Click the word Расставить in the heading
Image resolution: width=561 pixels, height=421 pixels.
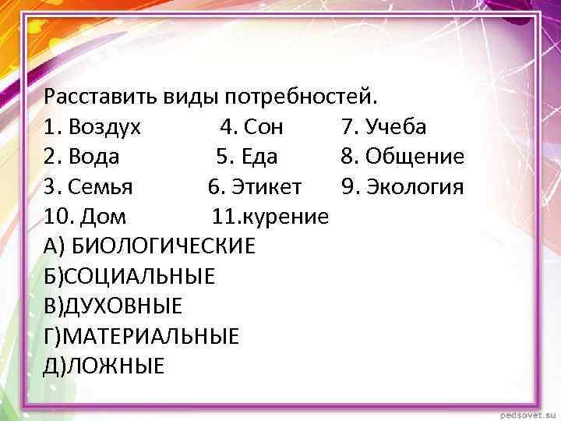pos(101,97)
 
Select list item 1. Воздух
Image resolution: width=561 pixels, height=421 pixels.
pos(93,127)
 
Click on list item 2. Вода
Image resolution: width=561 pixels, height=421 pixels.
pos(82,157)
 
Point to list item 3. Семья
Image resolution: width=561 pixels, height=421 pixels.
pos(89,187)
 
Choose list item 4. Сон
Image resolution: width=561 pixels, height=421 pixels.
pos(252,127)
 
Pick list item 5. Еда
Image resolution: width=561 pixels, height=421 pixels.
pos(247,157)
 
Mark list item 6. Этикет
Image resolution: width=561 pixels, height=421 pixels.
pos(256,187)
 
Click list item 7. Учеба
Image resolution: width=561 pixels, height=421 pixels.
pos(383,127)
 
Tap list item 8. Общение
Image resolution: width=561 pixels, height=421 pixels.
pos(403,157)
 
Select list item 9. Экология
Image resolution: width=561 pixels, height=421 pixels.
pos(402,187)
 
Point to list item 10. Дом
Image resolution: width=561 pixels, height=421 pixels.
pos(86,217)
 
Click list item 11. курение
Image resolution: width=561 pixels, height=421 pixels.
pos(270,217)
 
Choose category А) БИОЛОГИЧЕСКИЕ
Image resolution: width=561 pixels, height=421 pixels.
pos(150,246)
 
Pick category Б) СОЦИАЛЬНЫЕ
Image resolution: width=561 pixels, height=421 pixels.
pos(130,276)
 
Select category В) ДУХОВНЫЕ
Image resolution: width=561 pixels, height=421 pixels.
pos(114,306)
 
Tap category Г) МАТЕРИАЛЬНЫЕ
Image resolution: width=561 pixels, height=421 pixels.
pos(142,336)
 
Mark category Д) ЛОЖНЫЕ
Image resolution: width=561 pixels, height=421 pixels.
pos(104,366)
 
